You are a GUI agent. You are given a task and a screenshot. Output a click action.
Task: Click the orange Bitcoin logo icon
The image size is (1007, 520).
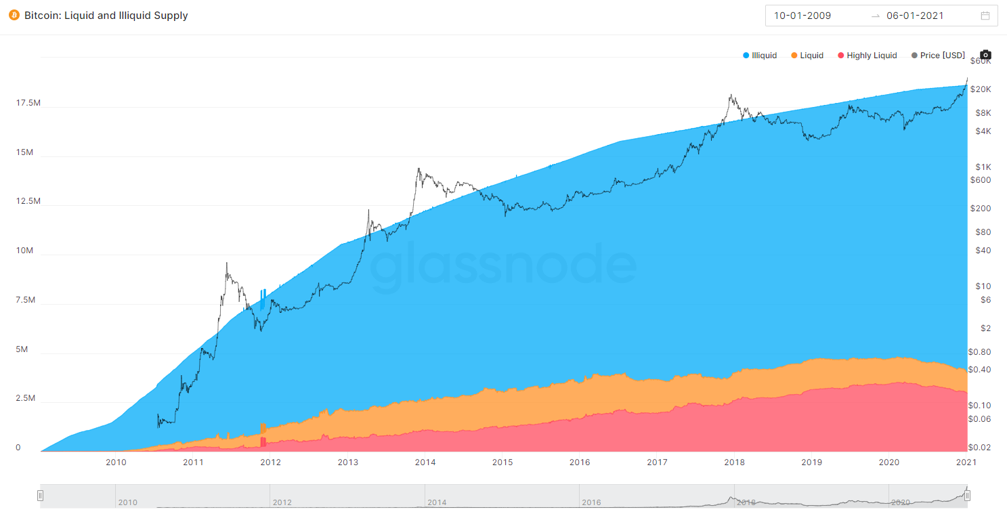coord(14,15)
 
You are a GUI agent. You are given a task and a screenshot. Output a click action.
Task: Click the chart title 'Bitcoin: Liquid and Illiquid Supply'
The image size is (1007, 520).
coord(106,15)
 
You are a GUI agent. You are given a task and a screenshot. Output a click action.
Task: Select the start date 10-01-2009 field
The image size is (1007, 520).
coord(802,16)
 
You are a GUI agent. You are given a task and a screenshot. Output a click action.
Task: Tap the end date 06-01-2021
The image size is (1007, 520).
coord(915,16)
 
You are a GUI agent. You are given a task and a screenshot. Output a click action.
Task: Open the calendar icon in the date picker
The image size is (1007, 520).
coord(985,16)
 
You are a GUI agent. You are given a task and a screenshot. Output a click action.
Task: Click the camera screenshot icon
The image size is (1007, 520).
coord(985,55)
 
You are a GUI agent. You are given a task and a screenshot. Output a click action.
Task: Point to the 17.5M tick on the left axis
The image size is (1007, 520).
coord(28,103)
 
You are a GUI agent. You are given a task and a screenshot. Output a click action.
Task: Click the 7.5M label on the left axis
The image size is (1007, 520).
coord(25,300)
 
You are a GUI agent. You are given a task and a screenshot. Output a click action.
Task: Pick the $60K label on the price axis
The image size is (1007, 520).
coord(981,61)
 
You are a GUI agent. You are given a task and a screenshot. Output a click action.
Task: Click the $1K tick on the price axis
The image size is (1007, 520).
coord(983,167)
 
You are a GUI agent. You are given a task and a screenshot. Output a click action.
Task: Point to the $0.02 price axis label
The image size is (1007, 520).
coord(979,447)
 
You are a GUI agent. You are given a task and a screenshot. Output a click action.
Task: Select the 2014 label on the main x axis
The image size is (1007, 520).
coord(425,462)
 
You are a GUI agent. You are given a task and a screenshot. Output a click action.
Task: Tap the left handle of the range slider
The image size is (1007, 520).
coord(41,496)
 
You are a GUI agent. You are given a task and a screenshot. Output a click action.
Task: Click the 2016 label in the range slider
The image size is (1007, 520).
coord(591,502)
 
